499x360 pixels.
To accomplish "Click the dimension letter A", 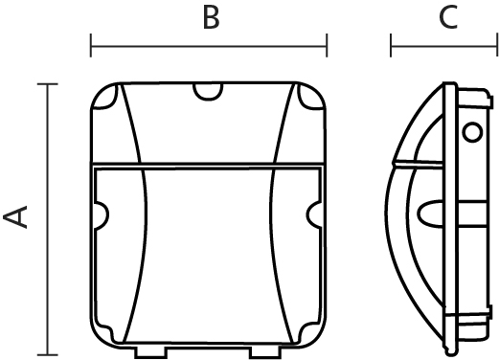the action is pos(15,217).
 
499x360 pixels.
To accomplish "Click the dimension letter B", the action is pos(212,17).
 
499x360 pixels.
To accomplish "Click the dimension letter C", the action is pos(448,17).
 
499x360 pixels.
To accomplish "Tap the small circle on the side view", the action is pos(472,132).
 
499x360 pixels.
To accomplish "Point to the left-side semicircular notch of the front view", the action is pos(102,215).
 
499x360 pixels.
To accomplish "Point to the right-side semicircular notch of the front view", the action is pos(314,215).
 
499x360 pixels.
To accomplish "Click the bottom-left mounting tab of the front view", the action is pos(151,351).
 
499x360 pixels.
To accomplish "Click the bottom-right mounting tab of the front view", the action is pos(265,351).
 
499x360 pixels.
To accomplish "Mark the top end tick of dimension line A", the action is pos(48,84).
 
